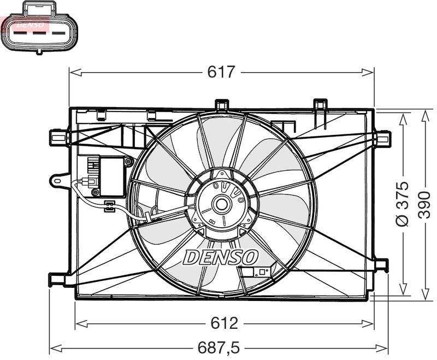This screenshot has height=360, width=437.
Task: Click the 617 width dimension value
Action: point(221,72)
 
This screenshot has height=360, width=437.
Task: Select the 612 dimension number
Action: point(225,323)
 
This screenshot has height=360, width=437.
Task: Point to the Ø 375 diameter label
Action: point(403,203)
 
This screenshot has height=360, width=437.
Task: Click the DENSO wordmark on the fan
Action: point(221,256)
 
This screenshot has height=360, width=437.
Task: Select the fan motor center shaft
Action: point(222,205)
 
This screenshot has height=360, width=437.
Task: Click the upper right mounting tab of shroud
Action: point(383,139)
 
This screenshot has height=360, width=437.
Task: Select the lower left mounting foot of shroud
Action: point(57,279)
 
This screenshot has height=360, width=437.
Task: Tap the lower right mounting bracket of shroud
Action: point(381,265)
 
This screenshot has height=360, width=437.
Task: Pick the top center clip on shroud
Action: point(221,104)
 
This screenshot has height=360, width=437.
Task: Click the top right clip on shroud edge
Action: point(320,104)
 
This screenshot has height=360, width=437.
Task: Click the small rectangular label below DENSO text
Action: point(256,273)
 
